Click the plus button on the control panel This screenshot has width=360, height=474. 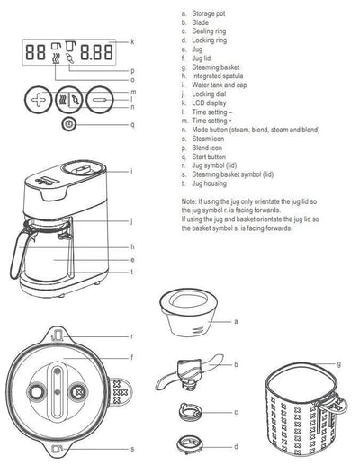[37, 99]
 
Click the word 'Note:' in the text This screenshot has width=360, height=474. [188, 201]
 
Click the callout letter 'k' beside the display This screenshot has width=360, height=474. [131, 41]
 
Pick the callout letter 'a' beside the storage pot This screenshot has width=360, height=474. [235, 320]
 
